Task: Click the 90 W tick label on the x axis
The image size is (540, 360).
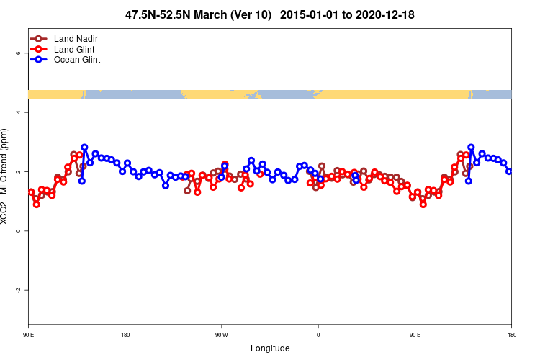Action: tap(221, 335)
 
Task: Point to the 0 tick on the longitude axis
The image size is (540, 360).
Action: tap(318, 335)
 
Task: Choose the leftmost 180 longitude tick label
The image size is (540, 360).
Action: tap(125, 335)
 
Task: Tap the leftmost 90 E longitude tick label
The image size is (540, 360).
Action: tap(28, 335)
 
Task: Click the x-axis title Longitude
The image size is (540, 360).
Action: tap(270, 348)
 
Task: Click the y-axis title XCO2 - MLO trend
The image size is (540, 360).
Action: tap(6, 176)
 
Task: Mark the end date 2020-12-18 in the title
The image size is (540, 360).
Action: tap(384, 14)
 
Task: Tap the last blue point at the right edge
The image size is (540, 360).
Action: tap(509, 171)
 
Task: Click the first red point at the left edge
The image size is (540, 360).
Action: tap(31, 192)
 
